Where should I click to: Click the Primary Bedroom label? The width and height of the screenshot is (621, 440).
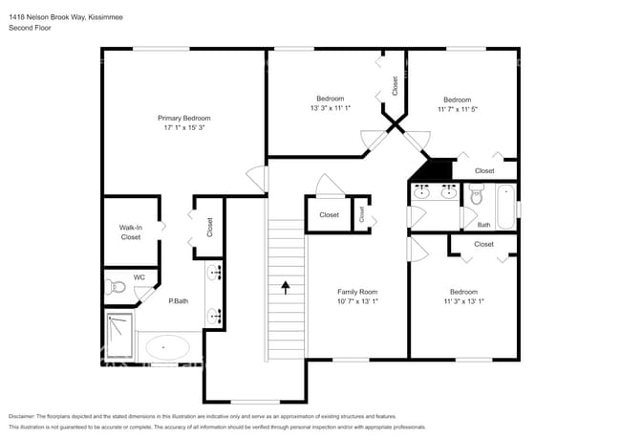182,118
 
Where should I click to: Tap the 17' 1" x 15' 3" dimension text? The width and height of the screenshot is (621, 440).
182,127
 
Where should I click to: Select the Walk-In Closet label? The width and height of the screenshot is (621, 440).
130,231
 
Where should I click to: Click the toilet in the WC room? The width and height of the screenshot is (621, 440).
118,285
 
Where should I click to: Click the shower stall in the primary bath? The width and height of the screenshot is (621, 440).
119,336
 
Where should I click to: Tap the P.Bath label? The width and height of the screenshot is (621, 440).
178,301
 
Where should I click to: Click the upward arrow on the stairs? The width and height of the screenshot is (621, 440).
284,285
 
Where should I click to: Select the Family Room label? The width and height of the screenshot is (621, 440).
357,292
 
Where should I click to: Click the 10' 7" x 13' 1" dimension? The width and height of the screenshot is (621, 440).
357,301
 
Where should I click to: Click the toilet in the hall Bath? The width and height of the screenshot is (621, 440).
476,197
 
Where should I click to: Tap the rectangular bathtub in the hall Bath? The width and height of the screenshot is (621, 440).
504,205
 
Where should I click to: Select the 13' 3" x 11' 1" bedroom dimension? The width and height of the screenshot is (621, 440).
331,108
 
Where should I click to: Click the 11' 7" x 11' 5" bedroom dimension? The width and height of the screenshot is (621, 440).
457,109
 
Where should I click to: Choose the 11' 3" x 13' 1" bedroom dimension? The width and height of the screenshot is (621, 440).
463,301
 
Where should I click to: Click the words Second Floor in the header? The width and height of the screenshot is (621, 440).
30,28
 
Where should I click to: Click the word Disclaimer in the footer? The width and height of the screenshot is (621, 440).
25,417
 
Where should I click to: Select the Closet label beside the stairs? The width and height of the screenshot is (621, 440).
329,215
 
